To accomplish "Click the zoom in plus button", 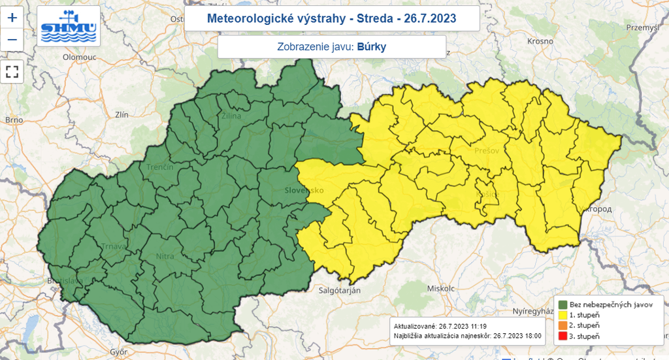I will [x=12, y=18].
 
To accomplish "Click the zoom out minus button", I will [x=12, y=41].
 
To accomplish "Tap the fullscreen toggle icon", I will [x=12, y=71].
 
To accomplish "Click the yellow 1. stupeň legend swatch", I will [x=562, y=315].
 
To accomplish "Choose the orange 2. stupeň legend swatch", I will [x=562, y=325].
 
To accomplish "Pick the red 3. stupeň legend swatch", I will [x=562, y=336].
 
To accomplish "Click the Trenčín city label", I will [x=159, y=167].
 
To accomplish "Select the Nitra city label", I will [x=165, y=256].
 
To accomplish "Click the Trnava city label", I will [x=96, y=246].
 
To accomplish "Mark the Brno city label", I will [x=14, y=120].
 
